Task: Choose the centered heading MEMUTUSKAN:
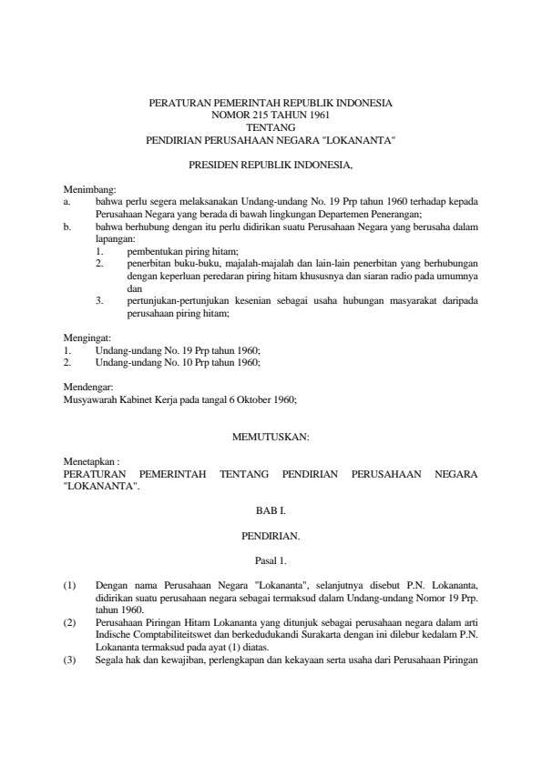[x=271, y=438]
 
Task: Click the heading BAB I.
[x=271, y=514]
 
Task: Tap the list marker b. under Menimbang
[x=66, y=222]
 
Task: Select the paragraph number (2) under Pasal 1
[x=69, y=616]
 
